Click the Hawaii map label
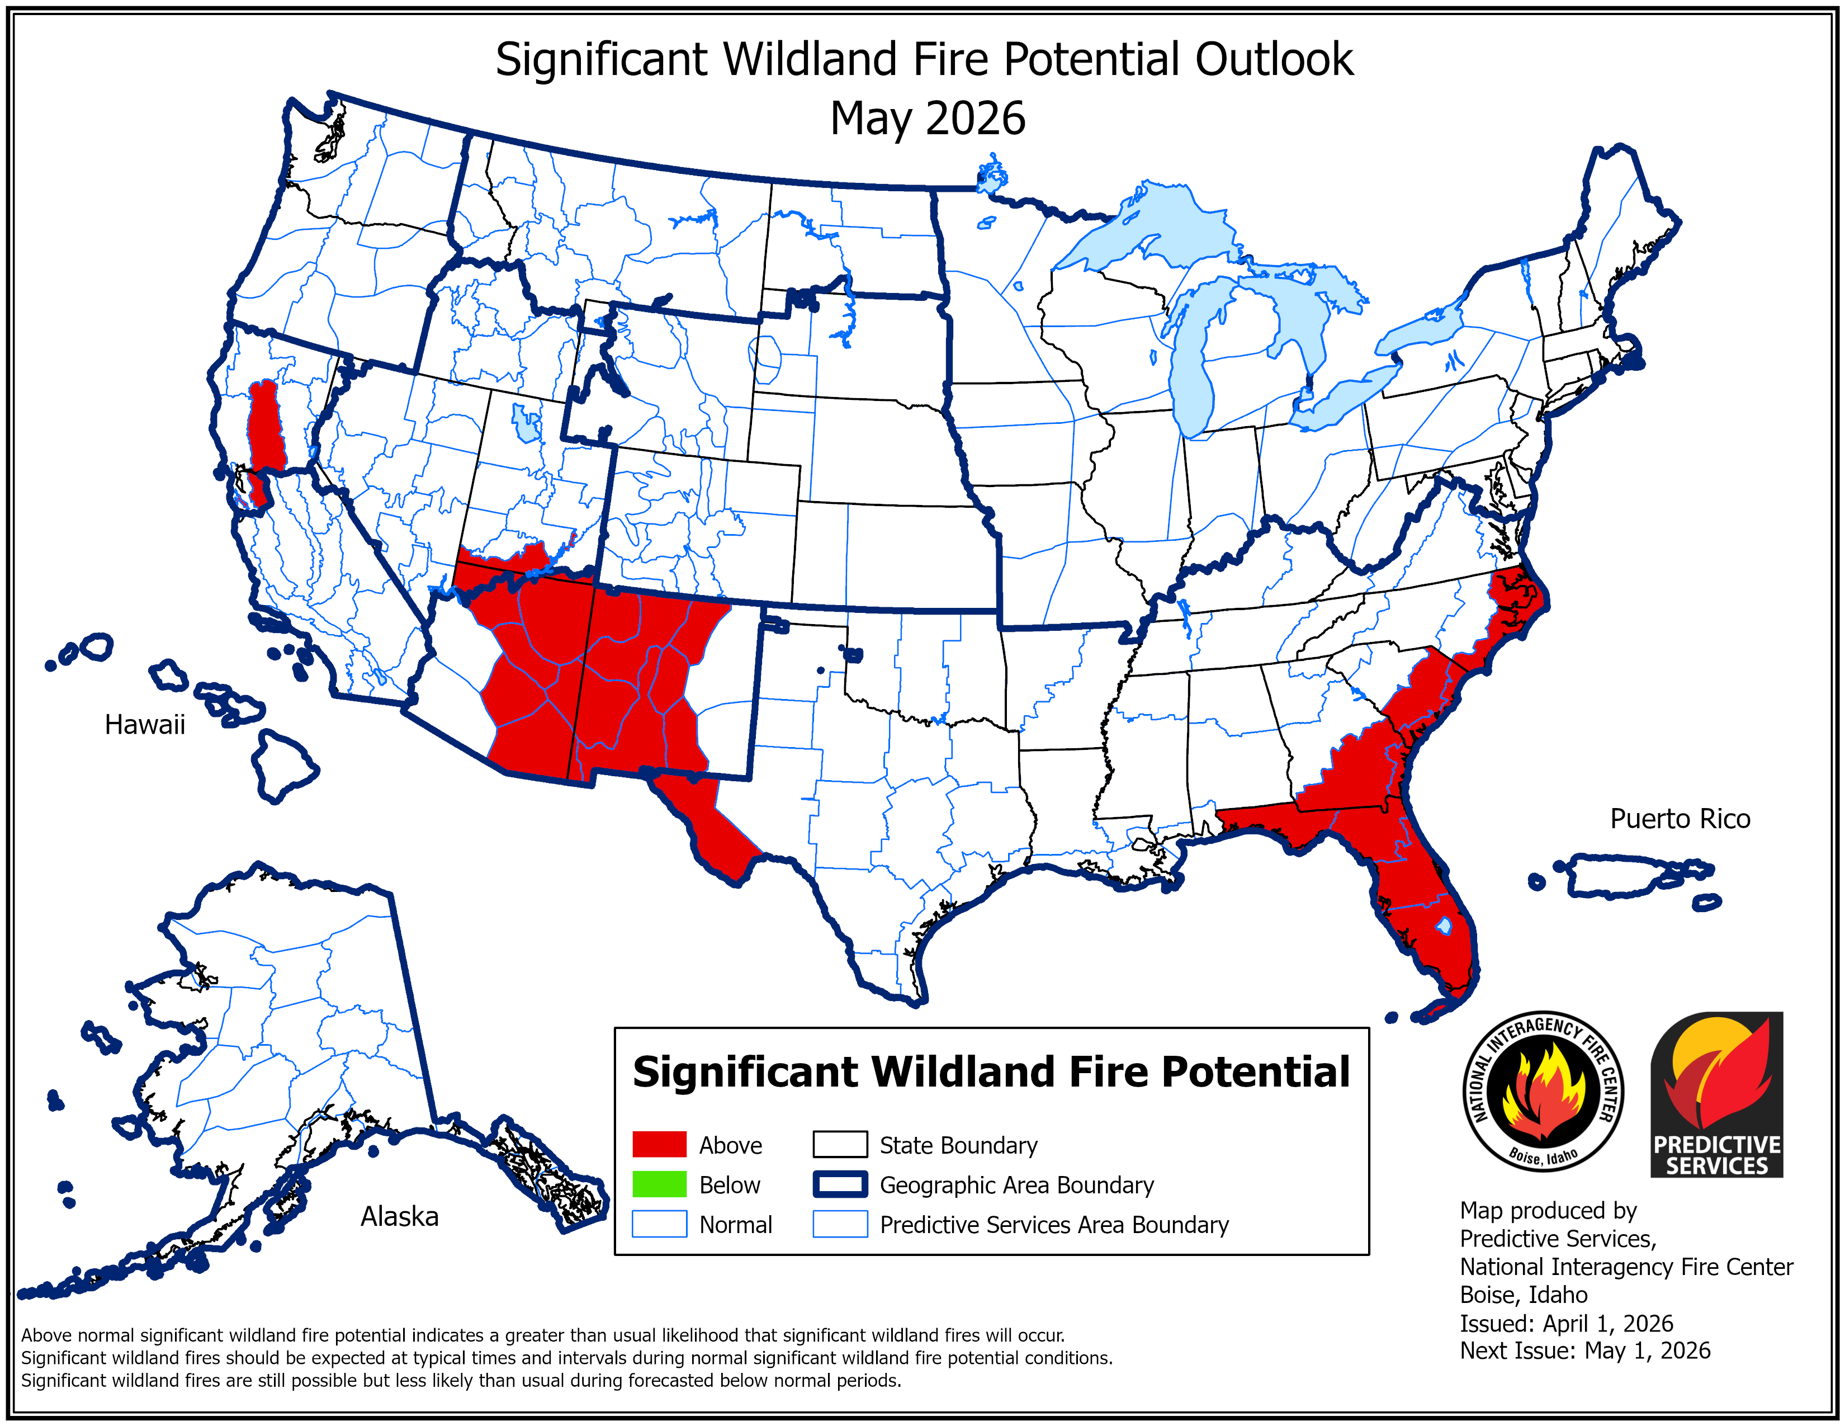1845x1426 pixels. (x=144, y=724)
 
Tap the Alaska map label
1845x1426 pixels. (x=400, y=1216)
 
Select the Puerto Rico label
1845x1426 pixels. (x=1680, y=819)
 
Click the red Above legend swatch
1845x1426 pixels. (x=659, y=1145)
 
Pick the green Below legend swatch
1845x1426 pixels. (x=659, y=1184)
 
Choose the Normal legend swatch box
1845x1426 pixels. (x=659, y=1224)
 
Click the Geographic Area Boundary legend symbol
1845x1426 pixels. (x=840, y=1184)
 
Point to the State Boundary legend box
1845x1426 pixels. (x=840, y=1145)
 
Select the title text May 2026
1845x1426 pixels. (x=927, y=118)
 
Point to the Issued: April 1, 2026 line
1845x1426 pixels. (x=1565, y=1323)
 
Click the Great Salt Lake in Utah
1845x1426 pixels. (x=526, y=422)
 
